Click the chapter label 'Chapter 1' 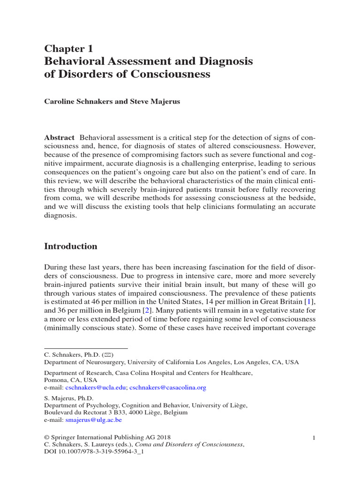[x=69, y=48]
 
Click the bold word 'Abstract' [x=59, y=137]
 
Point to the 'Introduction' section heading [x=71, y=246]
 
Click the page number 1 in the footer [x=314, y=437]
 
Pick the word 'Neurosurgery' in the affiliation [x=102, y=362]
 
